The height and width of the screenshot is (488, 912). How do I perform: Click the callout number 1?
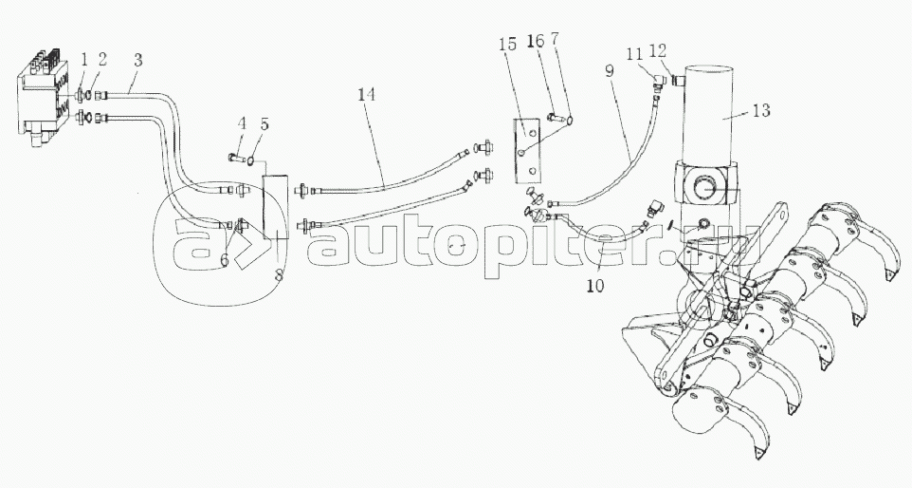coord(85,60)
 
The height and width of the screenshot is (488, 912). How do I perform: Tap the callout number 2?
coord(103,60)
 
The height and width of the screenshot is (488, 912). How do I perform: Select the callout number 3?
coord(137,60)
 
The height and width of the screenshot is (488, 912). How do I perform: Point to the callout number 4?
coord(242,123)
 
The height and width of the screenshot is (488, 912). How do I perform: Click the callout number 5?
coord(264,124)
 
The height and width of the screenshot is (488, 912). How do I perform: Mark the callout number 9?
coord(609,71)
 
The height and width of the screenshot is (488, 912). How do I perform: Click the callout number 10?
coord(595,286)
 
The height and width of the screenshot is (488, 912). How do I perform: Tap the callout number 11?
coord(634,54)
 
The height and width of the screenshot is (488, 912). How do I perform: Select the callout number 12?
coord(657,50)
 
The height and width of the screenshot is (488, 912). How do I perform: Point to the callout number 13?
coord(761,109)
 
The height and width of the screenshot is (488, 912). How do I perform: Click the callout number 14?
coord(367,94)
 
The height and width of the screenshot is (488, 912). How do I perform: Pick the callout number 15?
coord(507,44)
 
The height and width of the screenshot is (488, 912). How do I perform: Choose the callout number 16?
coord(536,41)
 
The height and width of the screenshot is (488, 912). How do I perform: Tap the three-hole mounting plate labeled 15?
coord(528,148)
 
